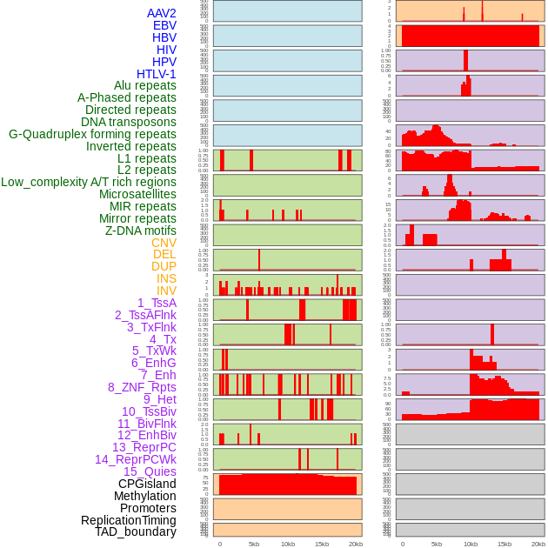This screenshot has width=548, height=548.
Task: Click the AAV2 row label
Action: [x=161, y=13]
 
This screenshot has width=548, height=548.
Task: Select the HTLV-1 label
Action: [x=156, y=74]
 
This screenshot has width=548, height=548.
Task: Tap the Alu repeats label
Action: [x=144, y=86]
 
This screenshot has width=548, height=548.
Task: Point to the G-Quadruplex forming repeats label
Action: [x=92, y=135]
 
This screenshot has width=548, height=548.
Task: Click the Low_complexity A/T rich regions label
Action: [x=89, y=182]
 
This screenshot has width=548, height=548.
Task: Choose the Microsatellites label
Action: [x=137, y=194]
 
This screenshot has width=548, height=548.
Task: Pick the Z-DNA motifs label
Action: [x=140, y=231]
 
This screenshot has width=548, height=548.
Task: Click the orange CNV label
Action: [x=164, y=243]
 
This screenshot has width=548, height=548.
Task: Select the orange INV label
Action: [x=166, y=291]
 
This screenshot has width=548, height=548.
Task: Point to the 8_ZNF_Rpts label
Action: [x=142, y=387]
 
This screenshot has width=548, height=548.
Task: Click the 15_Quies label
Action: [x=150, y=471]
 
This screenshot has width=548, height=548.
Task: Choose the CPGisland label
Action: [x=147, y=484]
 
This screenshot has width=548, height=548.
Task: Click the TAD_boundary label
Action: [x=135, y=531]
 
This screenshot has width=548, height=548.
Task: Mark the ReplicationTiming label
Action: [x=128, y=520]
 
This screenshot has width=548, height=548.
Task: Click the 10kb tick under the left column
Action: [x=287, y=544]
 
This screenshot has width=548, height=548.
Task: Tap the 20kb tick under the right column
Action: [x=538, y=544]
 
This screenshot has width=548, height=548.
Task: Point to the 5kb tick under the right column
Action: [x=437, y=544]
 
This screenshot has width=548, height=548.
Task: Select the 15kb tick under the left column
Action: [x=321, y=544]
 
